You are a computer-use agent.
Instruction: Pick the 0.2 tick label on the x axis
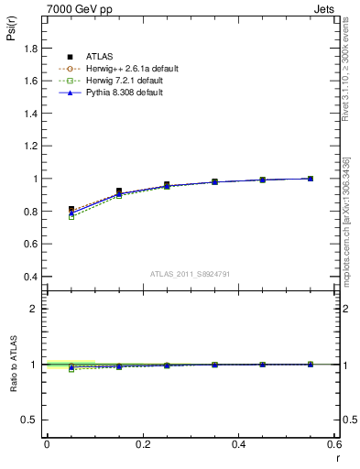pyautogui.click(x=142, y=444)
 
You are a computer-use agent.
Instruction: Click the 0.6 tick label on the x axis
pyautogui.click(x=334, y=444)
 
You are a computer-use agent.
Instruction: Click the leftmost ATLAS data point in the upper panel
pyautogui.click(x=72, y=210)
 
